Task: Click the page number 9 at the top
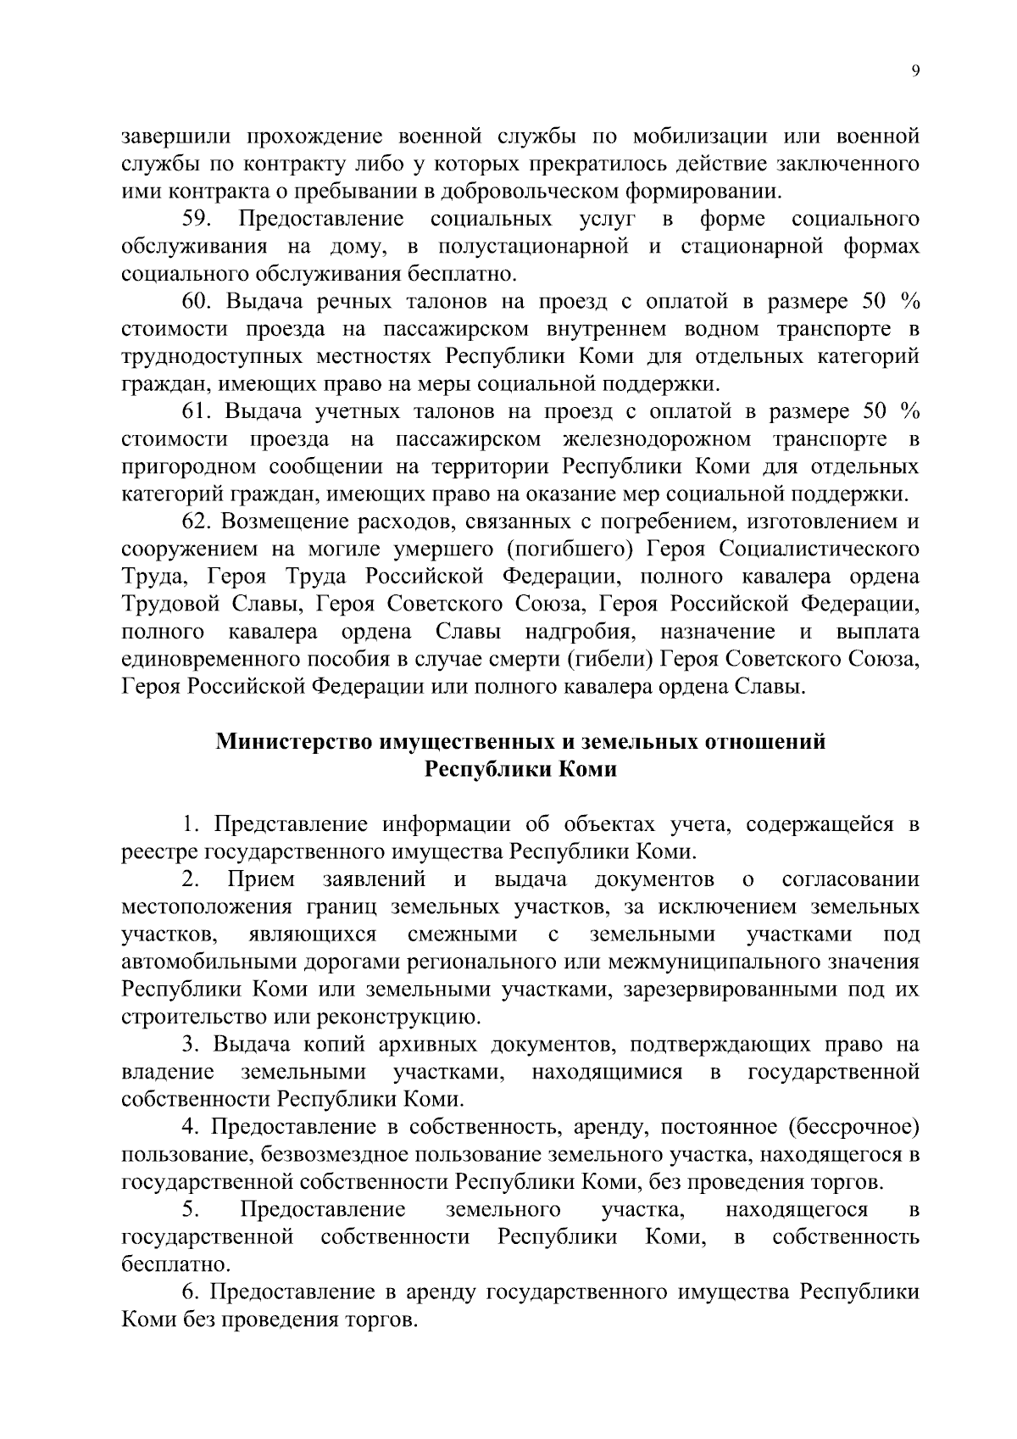[914, 72]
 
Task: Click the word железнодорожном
[656, 439]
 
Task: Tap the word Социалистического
[820, 549]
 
